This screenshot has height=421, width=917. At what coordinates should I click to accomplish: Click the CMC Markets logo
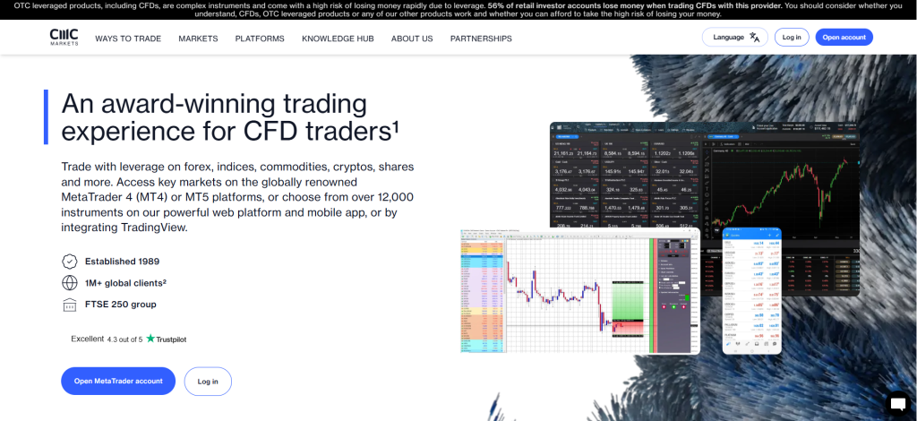click(64, 38)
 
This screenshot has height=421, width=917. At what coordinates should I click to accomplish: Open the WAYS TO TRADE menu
click(128, 39)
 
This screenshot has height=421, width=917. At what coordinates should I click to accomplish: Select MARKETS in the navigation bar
click(198, 39)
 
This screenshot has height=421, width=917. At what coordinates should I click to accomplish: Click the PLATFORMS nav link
click(260, 39)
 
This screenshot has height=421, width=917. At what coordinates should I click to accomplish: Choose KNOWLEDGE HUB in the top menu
click(338, 39)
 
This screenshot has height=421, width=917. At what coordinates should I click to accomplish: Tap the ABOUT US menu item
click(412, 39)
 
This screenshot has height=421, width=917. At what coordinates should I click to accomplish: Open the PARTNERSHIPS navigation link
click(481, 39)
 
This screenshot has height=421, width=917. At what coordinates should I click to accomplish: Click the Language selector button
click(735, 38)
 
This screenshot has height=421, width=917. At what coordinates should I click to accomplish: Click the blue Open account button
click(844, 38)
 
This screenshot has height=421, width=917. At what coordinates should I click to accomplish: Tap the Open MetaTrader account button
click(118, 381)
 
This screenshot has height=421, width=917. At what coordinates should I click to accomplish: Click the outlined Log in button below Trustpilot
click(208, 381)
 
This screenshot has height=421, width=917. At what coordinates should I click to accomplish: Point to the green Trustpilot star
click(150, 339)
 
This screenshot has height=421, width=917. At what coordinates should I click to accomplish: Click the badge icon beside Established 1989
click(69, 262)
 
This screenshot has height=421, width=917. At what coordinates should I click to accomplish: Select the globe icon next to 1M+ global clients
click(69, 283)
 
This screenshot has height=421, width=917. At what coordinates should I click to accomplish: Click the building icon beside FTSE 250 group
click(69, 305)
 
